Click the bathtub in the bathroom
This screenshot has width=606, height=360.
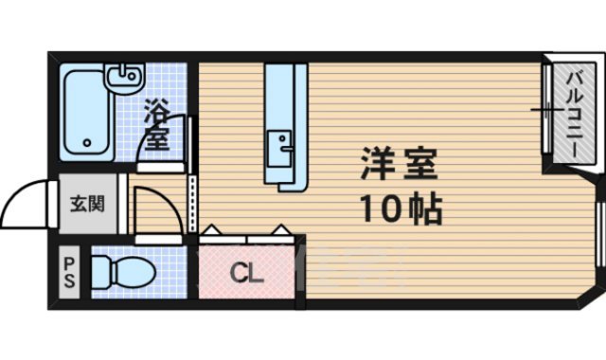(x=88, y=111)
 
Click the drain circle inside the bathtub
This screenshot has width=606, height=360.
(x=87, y=145)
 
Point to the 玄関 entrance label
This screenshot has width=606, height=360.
(x=87, y=203)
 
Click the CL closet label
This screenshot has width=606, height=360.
(x=247, y=275)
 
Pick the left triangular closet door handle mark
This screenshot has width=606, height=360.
(x=211, y=228)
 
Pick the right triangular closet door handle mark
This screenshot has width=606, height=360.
(x=281, y=228)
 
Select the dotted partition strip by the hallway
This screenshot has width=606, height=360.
(x=192, y=204)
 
